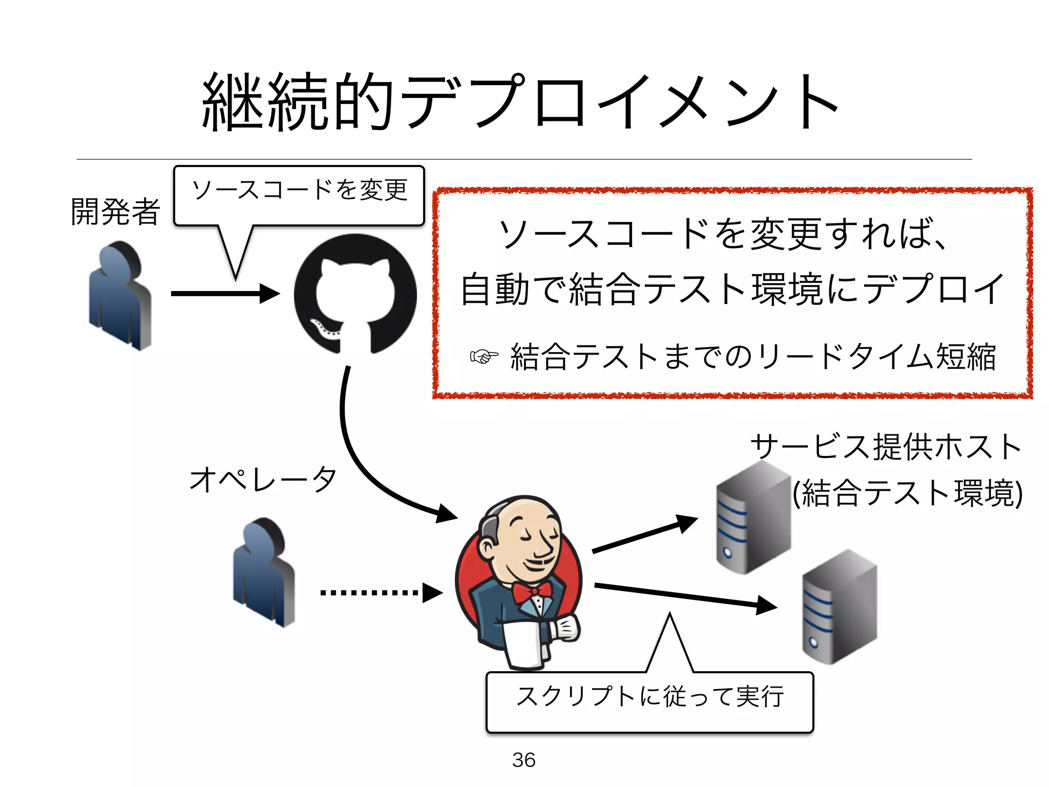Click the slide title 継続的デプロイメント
[x=520, y=101]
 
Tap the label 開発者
[x=115, y=211]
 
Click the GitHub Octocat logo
[x=355, y=294]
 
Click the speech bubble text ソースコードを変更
[x=299, y=190]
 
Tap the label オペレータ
[x=263, y=480]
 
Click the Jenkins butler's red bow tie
[x=533, y=591]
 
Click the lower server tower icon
[x=839, y=607]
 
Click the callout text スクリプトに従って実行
[x=649, y=696]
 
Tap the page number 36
[x=523, y=760]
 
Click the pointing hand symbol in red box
[x=484, y=356]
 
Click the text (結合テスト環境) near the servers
[x=907, y=493]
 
